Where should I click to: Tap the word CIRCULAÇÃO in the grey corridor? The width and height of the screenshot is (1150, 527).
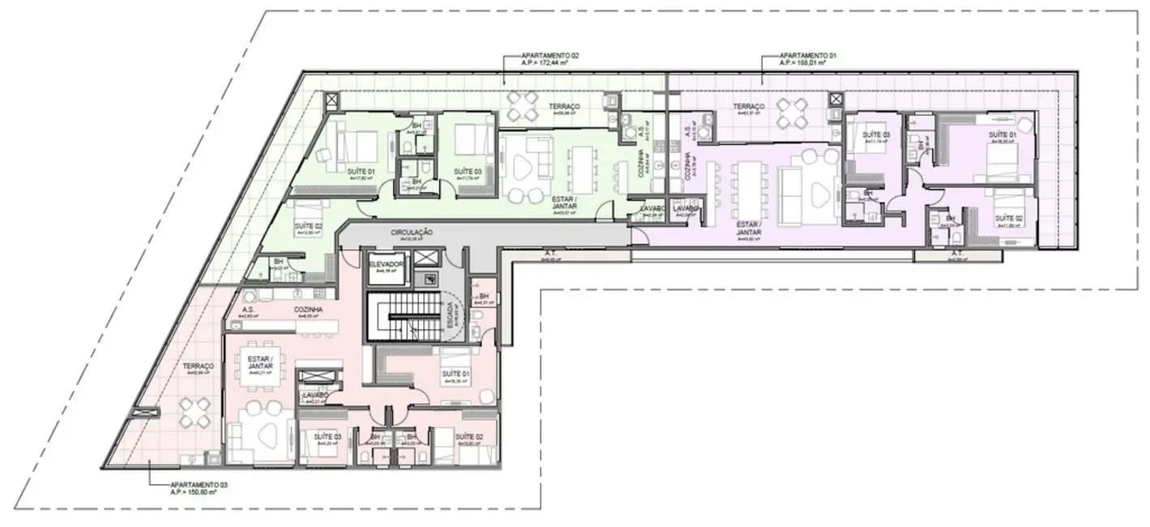point(411,232)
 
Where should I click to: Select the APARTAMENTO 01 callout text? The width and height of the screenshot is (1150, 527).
point(807,57)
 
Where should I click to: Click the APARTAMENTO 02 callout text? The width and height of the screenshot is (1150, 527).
point(550,57)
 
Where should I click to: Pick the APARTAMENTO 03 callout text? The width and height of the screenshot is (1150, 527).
point(199,484)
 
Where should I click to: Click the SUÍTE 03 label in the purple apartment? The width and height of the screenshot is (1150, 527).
point(876,135)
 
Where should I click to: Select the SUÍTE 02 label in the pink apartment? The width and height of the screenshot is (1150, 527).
point(468,436)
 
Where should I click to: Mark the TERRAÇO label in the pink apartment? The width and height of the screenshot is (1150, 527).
point(197,366)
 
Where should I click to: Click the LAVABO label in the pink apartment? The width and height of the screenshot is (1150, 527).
point(316,395)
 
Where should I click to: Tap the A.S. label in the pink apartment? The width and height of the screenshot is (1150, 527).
point(250,310)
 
